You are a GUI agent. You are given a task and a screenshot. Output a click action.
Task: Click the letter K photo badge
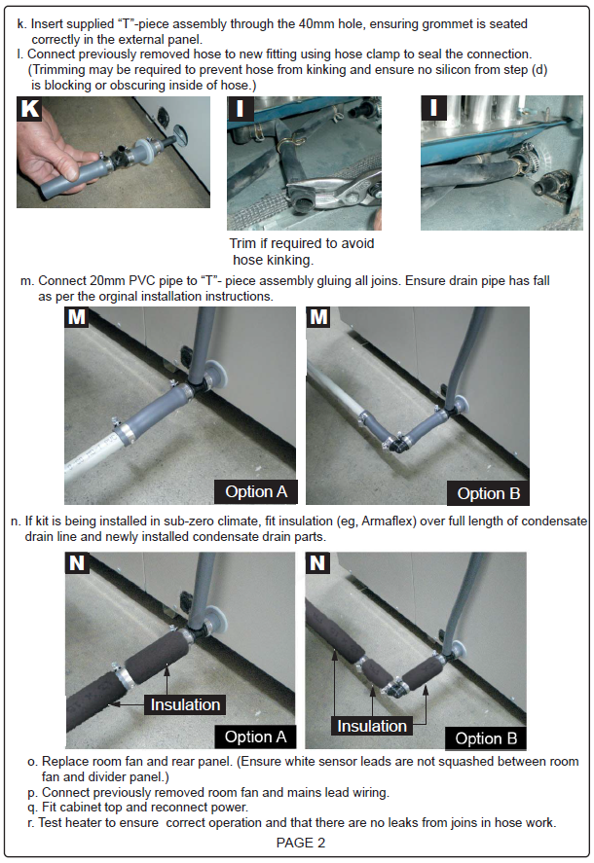[x=29, y=108]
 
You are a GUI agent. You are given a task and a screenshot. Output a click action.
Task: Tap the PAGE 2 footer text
[x=301, y=843]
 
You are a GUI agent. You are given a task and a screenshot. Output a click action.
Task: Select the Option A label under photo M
[x=256, y=491]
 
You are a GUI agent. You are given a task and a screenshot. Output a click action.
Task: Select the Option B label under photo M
[x=488, y=493]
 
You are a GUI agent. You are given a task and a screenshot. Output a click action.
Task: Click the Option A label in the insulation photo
[x=255, y=737]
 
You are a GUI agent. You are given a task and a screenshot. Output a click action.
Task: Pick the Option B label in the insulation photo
[x=486, y=738]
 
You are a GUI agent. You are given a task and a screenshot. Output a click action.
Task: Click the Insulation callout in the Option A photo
[x=185, y=704]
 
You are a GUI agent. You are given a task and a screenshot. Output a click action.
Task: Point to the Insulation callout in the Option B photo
[x=372, y=726]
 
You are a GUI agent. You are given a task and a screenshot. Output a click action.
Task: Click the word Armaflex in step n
[x=386, y=521]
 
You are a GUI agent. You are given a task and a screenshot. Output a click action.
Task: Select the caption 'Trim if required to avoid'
[x=302, y=243]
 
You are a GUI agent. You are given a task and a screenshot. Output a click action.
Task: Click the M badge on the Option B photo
[x=318, y=317]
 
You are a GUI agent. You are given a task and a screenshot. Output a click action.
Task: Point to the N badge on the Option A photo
[x=77, y=563]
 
